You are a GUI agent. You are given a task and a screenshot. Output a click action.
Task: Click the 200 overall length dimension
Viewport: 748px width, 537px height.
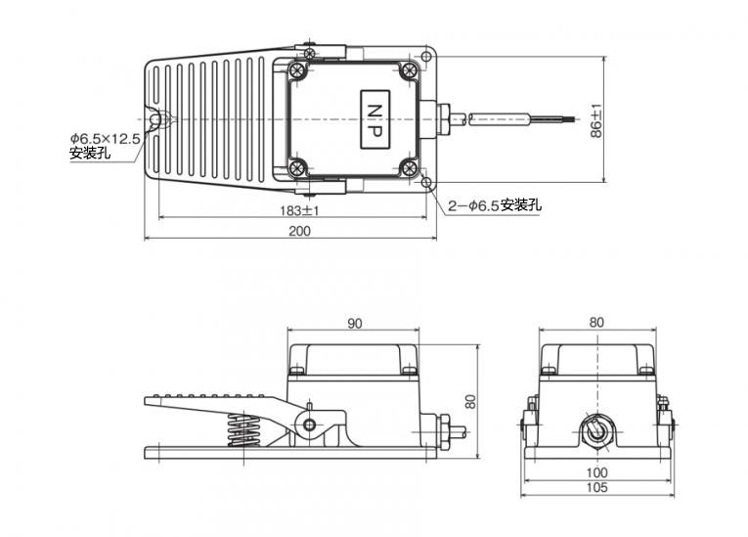click(299, 231)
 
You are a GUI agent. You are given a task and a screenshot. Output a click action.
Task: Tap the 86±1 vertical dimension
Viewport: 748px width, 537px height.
click(596, 121)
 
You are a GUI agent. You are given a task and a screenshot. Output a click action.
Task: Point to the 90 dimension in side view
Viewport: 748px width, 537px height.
click(354, 324)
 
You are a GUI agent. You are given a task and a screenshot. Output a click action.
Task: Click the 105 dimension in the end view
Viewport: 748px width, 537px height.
click(596, 487)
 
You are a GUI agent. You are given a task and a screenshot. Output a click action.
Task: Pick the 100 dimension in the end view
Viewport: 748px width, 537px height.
click(596, 472)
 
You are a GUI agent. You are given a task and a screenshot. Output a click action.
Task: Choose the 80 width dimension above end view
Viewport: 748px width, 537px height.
click(596, 323)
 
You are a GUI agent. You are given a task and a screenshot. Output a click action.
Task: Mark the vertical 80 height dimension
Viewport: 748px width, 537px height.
click(470, 401)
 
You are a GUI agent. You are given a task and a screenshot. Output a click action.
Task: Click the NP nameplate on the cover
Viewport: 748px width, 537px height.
click(375, 118)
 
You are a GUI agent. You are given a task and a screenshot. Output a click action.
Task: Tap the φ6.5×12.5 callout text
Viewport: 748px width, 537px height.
click(105, 139)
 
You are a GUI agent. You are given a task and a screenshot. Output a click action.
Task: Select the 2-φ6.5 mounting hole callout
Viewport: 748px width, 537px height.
click(495, 205)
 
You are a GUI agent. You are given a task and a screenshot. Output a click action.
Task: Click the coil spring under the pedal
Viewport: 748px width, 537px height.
click(243, 429)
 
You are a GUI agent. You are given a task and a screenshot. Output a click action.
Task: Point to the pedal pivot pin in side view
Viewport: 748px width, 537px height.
click(310, 425)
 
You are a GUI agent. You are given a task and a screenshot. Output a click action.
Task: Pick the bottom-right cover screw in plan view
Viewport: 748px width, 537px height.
click(409, 167)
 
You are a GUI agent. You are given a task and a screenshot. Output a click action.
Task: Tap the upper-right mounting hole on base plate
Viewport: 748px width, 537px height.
click(426, 57)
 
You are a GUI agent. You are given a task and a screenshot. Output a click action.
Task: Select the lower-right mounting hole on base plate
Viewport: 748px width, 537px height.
click(426, 182)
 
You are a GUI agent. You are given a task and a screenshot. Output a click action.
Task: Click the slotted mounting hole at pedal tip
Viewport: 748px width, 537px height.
click(154, 119)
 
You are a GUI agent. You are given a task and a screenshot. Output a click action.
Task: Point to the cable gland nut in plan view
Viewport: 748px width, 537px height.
click(444, 118)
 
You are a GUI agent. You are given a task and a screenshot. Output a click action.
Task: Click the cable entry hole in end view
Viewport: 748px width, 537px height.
click(596, 429)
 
